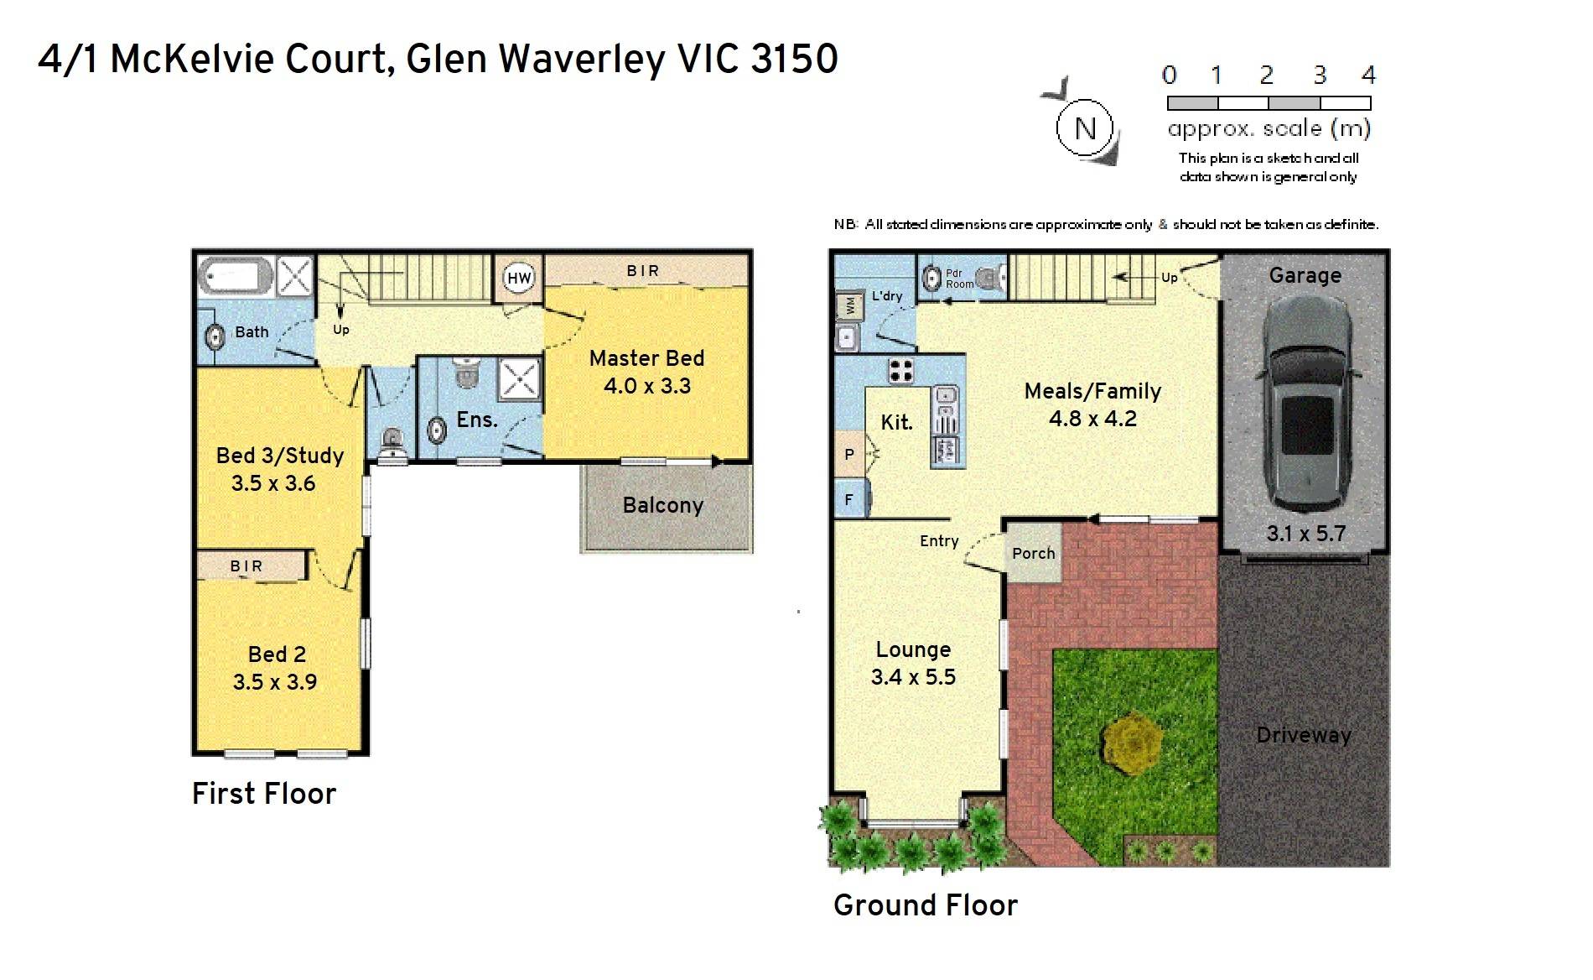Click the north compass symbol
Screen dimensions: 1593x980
tap(1084, 128)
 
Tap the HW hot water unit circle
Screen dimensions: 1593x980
tap(519, 279)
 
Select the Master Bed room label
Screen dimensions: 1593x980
tap(646, 358)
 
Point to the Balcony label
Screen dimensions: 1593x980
tap(662, 505)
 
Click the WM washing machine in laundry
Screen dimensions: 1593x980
tap(850, 305)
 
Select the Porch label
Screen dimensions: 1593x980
tap(1033, 553)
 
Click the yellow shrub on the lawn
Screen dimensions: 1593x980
tap(1132, 742)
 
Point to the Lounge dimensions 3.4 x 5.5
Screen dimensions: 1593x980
tap(913, 676)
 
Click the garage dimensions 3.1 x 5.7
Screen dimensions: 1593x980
tap(1305, 533)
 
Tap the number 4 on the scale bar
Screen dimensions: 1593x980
tap(1368, 76)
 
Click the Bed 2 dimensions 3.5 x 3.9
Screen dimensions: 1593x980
tap(275, 681)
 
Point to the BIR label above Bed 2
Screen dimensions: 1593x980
tap(246, 566)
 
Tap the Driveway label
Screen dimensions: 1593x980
tap(1304, 736)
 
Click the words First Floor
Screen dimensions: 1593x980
tap(264, 794)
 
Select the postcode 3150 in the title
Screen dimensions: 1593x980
tap(795, 59)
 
